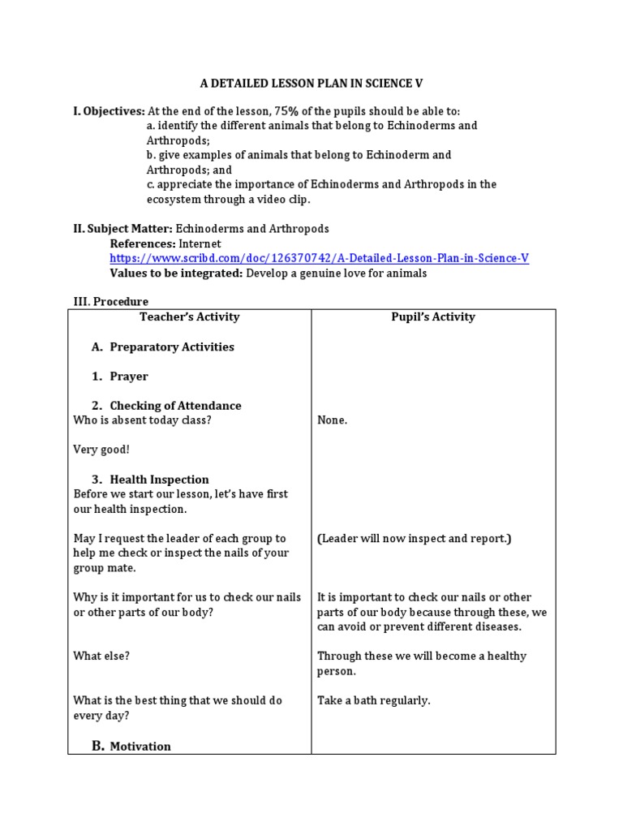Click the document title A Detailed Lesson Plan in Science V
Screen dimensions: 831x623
(x=311, y=84)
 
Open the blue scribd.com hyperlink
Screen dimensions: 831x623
(x=319, y=258)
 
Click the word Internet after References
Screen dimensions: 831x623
(x=200, y=243)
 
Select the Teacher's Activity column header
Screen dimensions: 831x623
(x=190, y=317)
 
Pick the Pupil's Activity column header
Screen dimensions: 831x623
(x=433, y=317)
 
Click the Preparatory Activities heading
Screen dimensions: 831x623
(x=171, y=347)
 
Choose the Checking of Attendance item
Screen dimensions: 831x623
(x=175, y=406)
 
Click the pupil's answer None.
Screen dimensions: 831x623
(x=332, y=420)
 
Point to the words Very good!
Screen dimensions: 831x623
(x=101, y=450)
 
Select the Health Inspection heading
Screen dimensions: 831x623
(x=159, y=480)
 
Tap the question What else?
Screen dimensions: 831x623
(x=101, y=657)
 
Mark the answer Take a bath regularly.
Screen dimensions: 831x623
(x=373, y=700)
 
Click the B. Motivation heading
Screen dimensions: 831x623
(x=131, y=746)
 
